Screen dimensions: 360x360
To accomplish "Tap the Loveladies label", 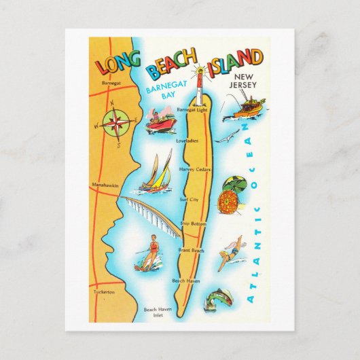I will pyautogui.click(x=187, y=141).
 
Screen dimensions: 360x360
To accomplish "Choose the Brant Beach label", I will pyautogui.click(x=191, y=250).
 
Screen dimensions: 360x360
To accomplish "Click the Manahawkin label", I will pyautogui.click(x=105, y=184).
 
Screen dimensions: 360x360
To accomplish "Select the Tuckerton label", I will pyautogui.click(x=105, y=292).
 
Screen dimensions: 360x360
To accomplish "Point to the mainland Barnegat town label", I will pyautogui.click(x=109, y=83).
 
